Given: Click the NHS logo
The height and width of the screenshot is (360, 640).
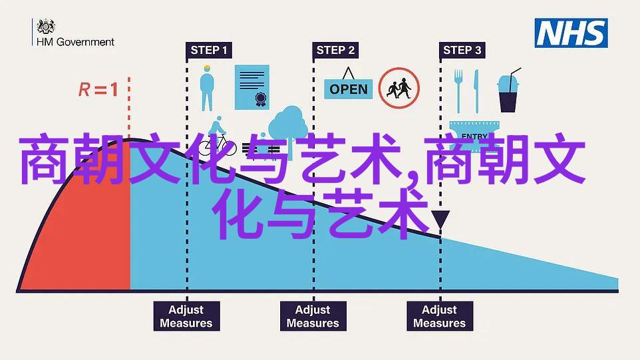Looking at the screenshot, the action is (x=571, y=33).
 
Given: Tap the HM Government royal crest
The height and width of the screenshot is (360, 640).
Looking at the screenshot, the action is (x=46, y=27).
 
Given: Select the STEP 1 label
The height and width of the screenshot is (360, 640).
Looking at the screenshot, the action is (x=209, y=50).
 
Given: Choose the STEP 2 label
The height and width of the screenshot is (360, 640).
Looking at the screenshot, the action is (x=335, y=50).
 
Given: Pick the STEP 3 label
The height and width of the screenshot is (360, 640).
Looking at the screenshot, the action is (x=462, y=50).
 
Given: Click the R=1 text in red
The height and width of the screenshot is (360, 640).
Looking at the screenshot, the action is (x=98, y=89).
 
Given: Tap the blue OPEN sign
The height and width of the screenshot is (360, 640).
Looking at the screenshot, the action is (x=349, y=89).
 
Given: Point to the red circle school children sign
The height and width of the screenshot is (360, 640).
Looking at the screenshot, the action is (x=399, y=88).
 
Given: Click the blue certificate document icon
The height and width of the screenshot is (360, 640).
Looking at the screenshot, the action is (x=252, y=87).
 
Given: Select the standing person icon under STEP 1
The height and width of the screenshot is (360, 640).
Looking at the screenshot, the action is (x=207, y=88).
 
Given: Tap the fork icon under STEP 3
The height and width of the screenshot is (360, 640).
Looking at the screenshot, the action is (x=458, y=91).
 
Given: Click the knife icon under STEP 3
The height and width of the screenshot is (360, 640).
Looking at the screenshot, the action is (x=476, y=91).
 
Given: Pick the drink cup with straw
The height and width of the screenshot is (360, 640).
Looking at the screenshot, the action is (x=508, y=90).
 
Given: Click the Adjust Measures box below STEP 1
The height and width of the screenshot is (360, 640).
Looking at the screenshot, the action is (x=186, y=316).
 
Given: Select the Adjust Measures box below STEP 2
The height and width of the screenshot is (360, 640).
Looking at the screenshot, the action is (x=313, y=316).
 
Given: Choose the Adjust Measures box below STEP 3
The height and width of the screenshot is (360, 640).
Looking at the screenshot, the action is (x=440, y=316).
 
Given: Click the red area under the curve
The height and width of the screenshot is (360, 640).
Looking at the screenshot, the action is (x=90, y=228).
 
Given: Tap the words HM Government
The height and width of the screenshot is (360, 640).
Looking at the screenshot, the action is (x=76, y=42).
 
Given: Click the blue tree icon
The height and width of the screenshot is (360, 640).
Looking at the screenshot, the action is (x=288, y=126).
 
